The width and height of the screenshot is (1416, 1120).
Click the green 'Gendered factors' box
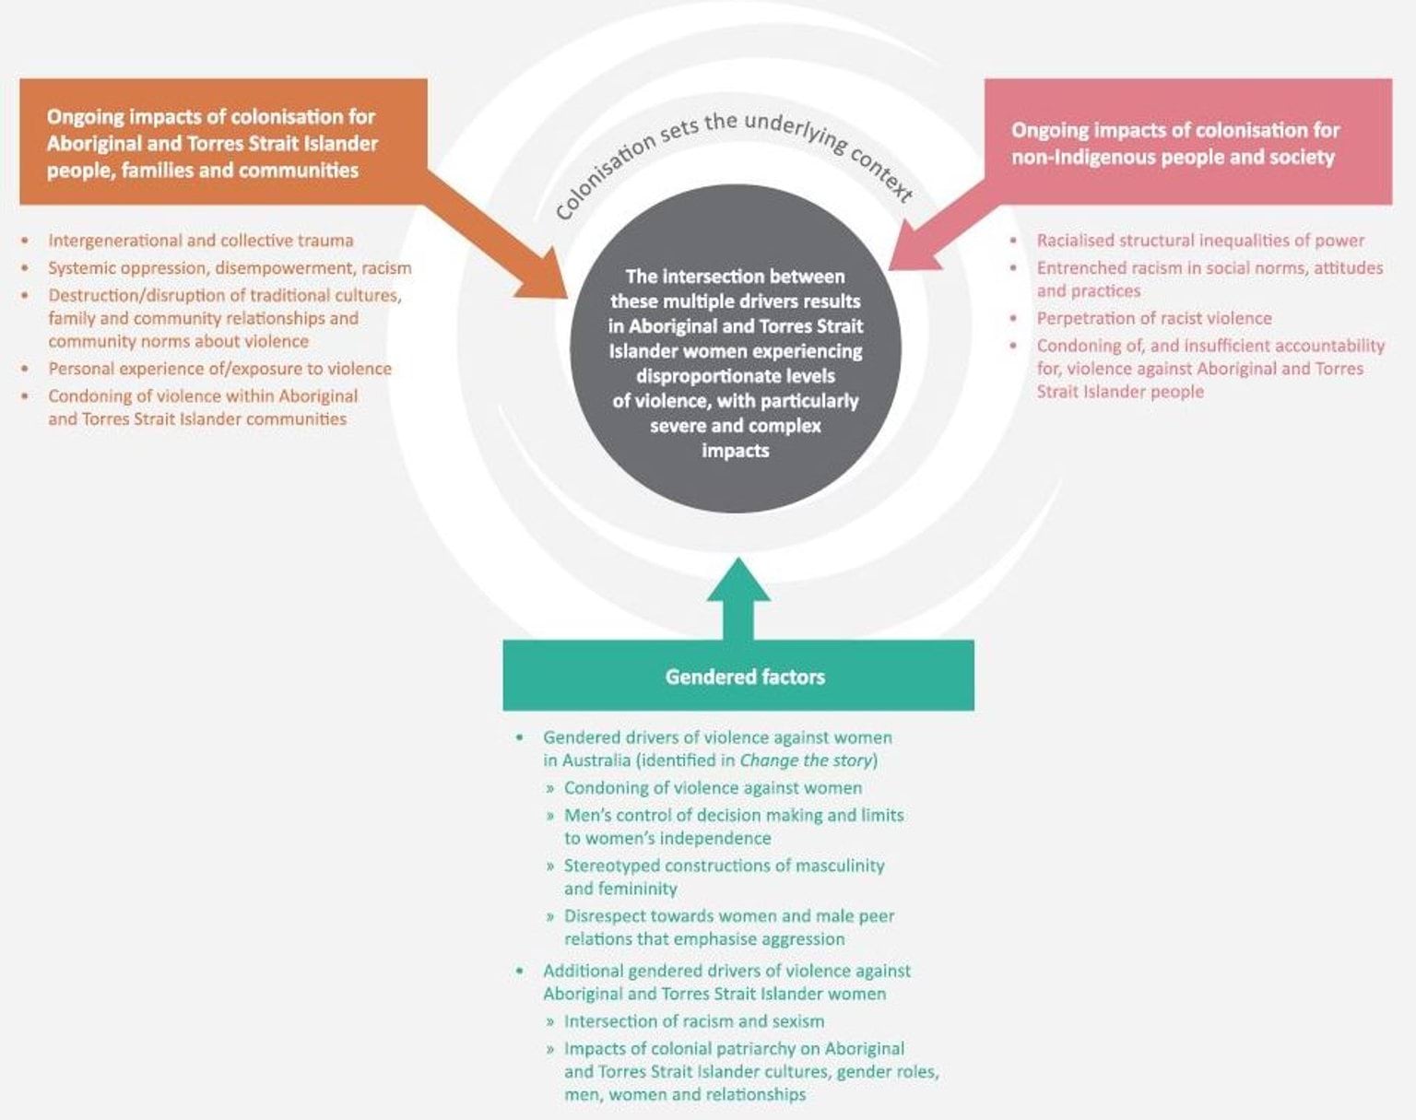[x=737, y=676]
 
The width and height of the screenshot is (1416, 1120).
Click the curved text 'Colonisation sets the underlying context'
[x=734, y=158]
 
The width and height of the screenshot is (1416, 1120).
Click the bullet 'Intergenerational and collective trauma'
[x=200, y=241]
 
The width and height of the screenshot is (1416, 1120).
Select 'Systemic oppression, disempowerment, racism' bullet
[x=230, y=268]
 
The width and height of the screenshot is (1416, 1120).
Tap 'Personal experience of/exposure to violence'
[x=219, y=369]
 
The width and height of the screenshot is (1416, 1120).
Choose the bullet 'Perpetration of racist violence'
[x=1153, y=318]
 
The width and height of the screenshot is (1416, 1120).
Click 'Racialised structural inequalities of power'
[x=1199, y=241]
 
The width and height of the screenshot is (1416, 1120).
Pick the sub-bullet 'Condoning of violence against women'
[x=713, y=788]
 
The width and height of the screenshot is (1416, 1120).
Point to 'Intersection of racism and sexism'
[x=693, y=1021]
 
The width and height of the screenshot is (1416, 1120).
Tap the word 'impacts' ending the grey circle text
[x=735, y=451]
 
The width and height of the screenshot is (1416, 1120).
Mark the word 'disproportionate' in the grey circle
[x=735, y=376]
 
